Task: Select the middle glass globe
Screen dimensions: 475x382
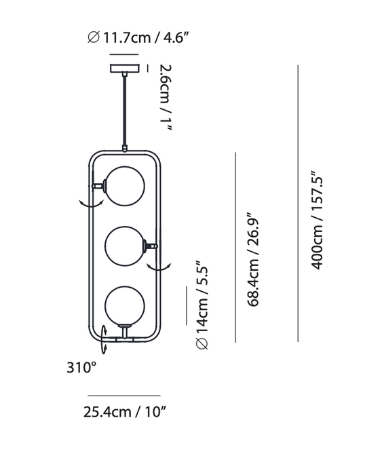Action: coord(124,245)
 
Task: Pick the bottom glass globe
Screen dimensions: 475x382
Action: coord(123,305)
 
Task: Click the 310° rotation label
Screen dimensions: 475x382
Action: coord(81,368)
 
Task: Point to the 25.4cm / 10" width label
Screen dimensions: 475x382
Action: coord(125,411)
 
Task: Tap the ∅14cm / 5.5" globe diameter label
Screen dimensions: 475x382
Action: coord(202,305)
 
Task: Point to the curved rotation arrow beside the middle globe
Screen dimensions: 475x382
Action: coord(161,267)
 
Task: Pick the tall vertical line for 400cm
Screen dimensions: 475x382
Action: coord(298,204)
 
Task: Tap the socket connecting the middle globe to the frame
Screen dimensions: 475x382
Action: coord(149,246)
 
